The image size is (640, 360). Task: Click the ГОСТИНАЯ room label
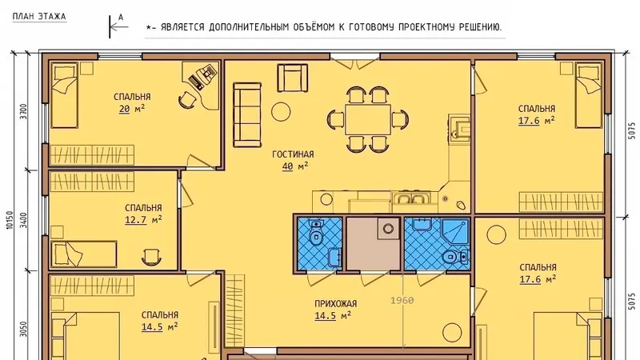pyautogui.click(x=293, y=154)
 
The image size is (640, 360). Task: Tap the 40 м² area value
pyautogui.click(x=294, y=166)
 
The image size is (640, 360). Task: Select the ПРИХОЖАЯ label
pyautogui.click(x=335, y=304)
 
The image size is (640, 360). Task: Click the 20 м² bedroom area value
pyautogui.click(x=132, y=109)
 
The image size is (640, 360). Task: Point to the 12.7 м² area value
pyautogui.click(x=143, y=219)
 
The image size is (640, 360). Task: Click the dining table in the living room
pyautogui.click(x=368, y=119)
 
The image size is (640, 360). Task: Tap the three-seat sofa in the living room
pyautogui.click(x=247, y=114)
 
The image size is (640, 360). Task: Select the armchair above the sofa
pyautogui.click(x=293, y=78)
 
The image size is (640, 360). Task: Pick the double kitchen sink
pyautogui.click(x=410, y=198)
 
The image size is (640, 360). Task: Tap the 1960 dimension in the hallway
pyautogui.click(x=402, y=301)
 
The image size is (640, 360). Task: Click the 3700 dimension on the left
pyautogui.click(x=24, y=111)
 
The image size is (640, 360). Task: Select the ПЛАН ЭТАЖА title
pyautogui.click(x=39, y=16)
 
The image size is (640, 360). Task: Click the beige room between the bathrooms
pyautogui.click(x=374, y=244)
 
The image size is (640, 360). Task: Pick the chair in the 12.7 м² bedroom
pyautogui.click(x=151, y=257)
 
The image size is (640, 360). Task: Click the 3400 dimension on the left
pyautogui.click(x=24, y=220)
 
